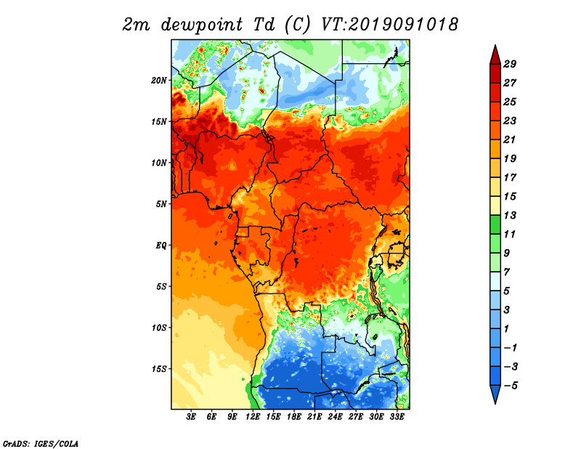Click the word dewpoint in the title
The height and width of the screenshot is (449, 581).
pyautogui.click(x=202, y=25)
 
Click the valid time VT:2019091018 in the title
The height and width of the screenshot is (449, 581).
pyautogui.click(x=389, y=25)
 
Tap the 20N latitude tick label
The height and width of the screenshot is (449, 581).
pyautogui.click(x=159, y=80)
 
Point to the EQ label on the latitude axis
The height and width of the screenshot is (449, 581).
pyautogui.click(x=161, y=246)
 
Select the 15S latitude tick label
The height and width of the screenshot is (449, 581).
pyautogui.click(x=159, y=369)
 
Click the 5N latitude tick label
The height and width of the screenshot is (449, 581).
pyautogui.click(x=161, y=204)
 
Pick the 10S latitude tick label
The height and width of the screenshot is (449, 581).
pyautogui.click(x=159, y=328)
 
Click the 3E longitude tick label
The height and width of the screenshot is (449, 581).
pyautogui.click(x=191, y=417)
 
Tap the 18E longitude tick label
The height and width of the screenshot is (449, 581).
pyautogui.click(x=294, y=417)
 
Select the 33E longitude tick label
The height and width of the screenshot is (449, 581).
pyautogui.click(x=397, y=417)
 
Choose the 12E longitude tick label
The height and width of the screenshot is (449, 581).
pyautogui.click(x=253, y=417)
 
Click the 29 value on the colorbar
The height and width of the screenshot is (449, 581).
pyautogui.click(x=510, y=64)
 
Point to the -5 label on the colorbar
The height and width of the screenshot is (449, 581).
pyautogui.click(x=511, y=386)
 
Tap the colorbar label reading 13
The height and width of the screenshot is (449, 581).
pyautogui.click(x=510, y=215)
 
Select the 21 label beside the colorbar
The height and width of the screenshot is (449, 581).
pyautogui.click(x=510, y=139)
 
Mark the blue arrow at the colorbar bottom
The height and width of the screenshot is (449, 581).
pyautogui.click(x=495, y=394)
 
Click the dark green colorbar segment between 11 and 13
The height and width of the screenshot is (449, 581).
pyautogui.click(x=495, y=224)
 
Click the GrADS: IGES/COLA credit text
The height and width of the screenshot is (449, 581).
pyautogui.click(x=41, y=443)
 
